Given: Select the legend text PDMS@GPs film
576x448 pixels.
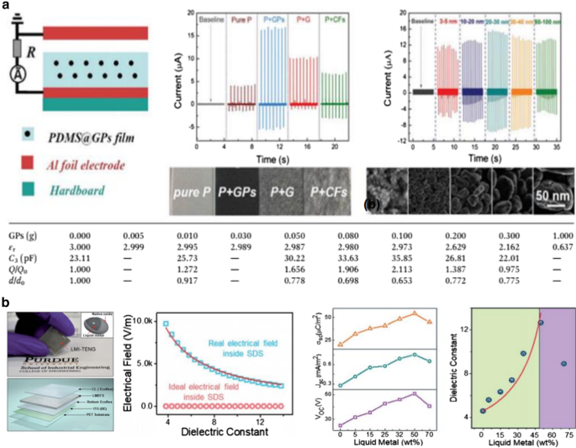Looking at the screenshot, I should click(x=84, y=135).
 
